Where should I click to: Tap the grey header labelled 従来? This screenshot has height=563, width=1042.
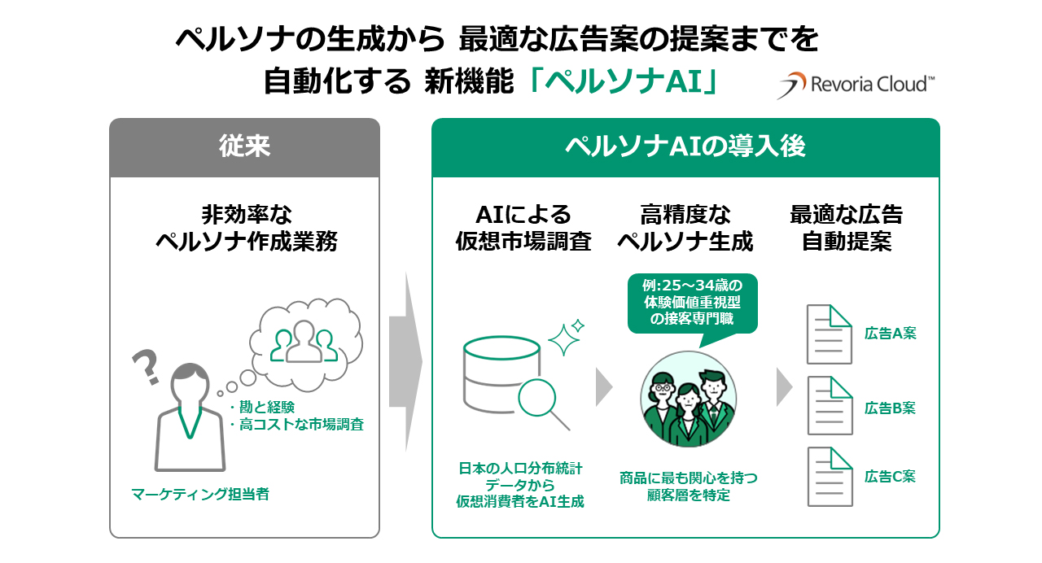[x=244, y=147]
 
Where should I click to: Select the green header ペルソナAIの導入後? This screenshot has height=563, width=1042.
[x=685, y=147]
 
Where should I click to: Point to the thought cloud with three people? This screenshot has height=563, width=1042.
[x=303, y=340]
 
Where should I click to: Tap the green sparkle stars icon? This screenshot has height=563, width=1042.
[x=567, y=337]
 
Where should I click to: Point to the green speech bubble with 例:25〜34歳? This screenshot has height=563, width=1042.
[x=692, y=302]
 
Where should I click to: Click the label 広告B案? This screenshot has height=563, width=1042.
[x=890, y=408]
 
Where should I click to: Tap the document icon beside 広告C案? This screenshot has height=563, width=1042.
[x=829, y=477]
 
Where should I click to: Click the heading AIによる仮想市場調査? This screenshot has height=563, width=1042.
[x=523, y=228]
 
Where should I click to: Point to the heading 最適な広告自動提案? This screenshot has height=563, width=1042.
[x=846, y=228]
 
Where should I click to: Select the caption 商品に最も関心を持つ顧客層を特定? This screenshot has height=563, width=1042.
[x=689, y=486]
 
